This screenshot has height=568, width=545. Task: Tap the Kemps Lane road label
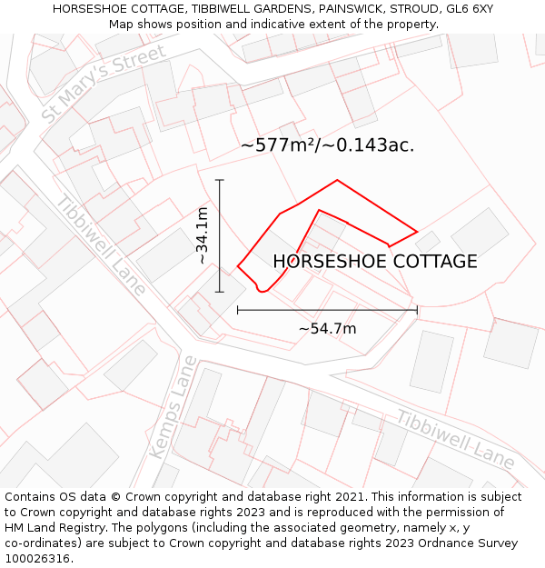[x=173, y=406]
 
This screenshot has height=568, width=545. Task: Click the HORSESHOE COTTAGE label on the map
[x=375, y=262]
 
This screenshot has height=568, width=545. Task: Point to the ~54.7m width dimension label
[x=327, y=328]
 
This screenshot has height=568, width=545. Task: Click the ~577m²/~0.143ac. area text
[x=328, y=145]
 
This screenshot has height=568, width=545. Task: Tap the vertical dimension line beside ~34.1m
[x=220, y=236]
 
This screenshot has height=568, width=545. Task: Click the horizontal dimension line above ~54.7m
[x=327, y=310]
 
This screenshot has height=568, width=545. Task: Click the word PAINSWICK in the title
[x=349, y=8]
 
